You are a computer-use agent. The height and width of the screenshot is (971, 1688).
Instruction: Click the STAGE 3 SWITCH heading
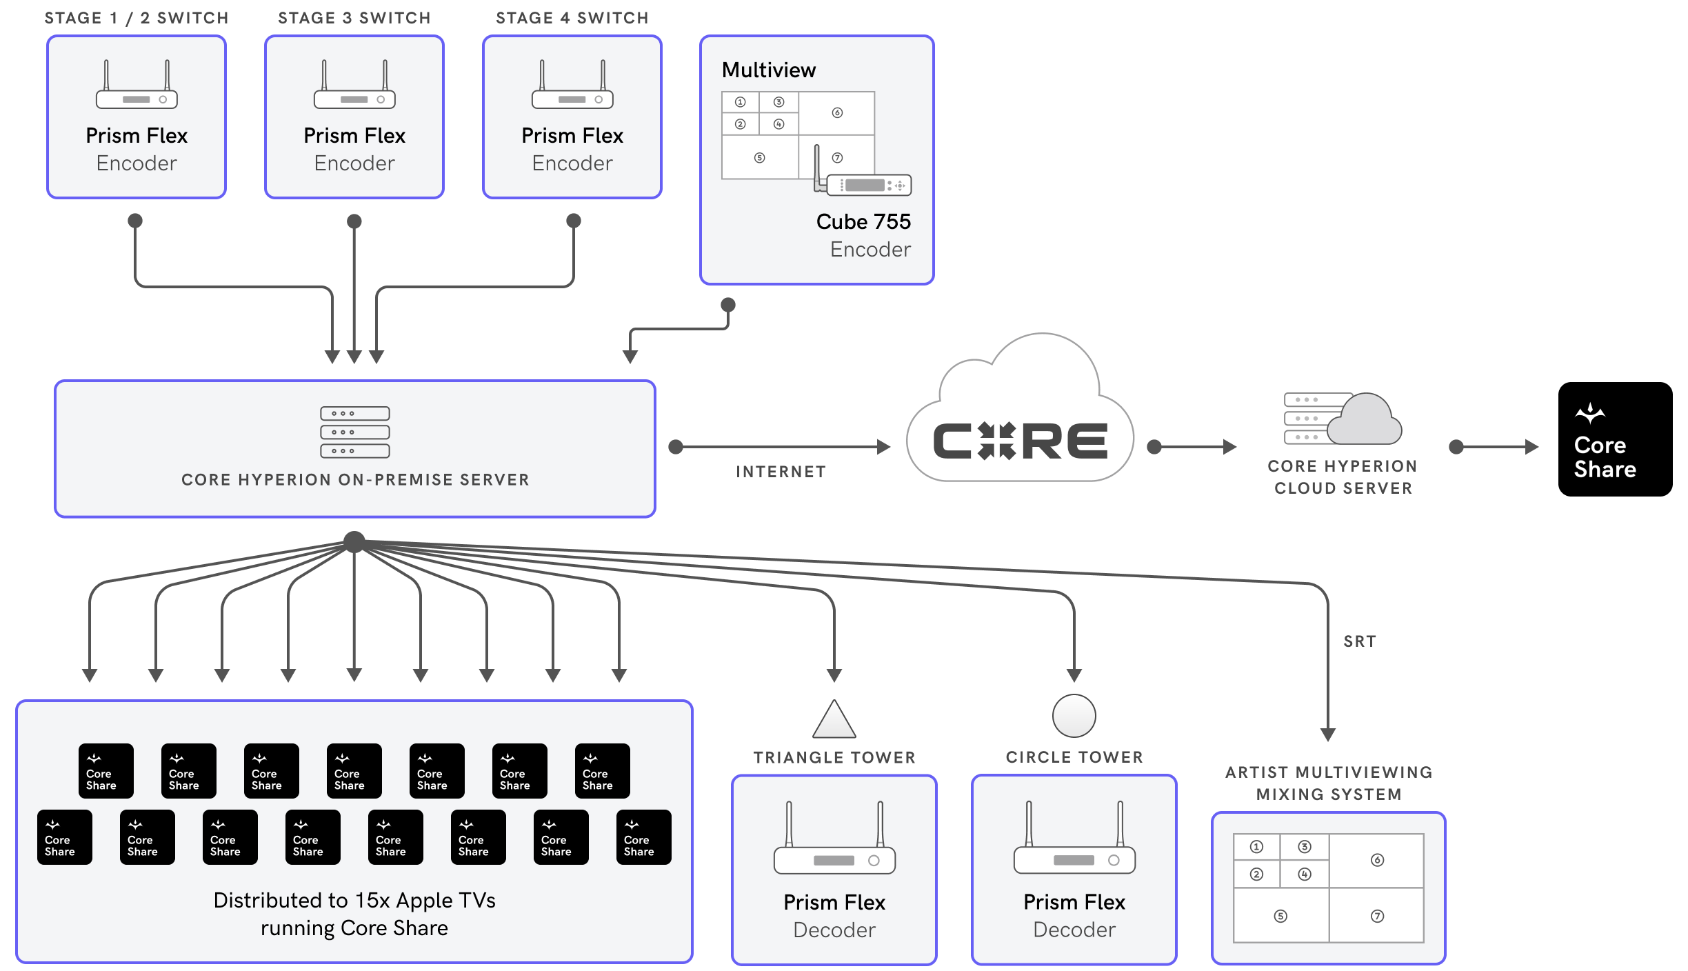click(x=354, y=18)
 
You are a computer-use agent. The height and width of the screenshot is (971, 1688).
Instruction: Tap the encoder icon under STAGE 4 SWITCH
click(x=572, y=86)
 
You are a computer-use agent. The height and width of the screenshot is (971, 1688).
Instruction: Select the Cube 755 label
click(x=863, y=221)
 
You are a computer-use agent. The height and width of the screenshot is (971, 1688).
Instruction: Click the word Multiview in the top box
click(x=768, y=70)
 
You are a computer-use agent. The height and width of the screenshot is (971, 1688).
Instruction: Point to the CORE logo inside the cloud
click(x=1020, y=441)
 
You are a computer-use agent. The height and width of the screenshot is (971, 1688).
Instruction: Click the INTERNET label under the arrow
click(x=781, y=472)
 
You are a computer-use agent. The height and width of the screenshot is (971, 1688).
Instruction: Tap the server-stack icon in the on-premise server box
click(x=354, y=432)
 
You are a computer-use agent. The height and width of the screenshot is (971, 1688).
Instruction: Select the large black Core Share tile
click(x=1615, y=439)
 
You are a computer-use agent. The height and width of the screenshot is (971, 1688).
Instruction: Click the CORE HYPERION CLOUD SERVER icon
click(x=1342, y=419)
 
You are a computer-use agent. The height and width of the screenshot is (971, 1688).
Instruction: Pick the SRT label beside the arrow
click(x=1359, y=641)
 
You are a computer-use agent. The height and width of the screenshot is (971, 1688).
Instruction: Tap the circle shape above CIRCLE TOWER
click(x=1074, y=716)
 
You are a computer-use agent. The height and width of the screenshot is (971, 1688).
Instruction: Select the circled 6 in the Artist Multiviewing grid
click(x=1377, y=860)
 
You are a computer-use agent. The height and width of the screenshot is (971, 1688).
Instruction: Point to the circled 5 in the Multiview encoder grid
click(x=759, y=158)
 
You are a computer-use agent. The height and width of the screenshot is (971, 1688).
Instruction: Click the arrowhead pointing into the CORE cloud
click(x=883, y=447)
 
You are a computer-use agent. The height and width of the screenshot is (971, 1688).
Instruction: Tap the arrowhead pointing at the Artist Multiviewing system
click(x=1328, y=734)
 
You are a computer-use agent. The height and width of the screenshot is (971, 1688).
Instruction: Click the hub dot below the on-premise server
click(x=354, y=542)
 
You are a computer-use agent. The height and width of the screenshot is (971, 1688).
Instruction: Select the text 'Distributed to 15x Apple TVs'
click(x=354, y=901)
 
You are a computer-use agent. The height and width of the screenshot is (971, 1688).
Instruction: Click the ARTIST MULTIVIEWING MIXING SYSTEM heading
click(x=1329, y=783)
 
